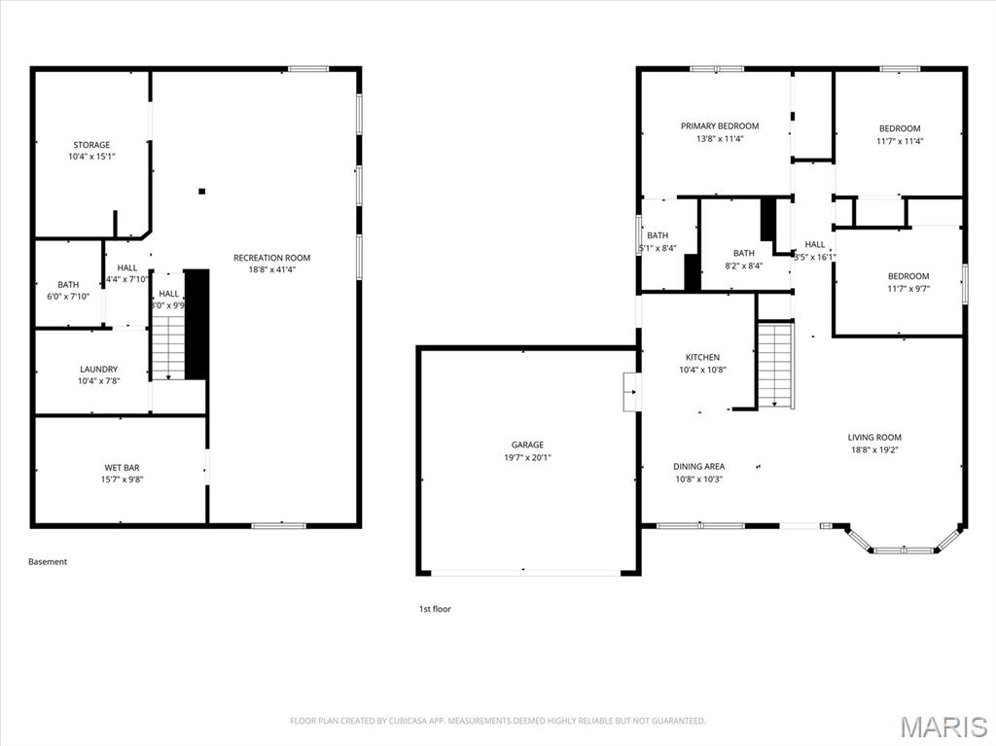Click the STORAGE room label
pyautogui.click(x=91, y=145)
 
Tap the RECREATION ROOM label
pyautogui.click(x=271, y=258)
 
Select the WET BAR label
pyautogui.click(x=122, y=468)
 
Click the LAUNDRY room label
pyautogui.click(x=98, y=370)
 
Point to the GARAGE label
pyautogui.click(x=527, y=445)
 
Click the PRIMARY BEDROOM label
pyautogui.click(x=720, y=126)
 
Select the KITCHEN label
pyautogui.click(x=702, y=358)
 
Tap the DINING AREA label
pyautogui.click(x=698, y=467)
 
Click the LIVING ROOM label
pyautogui.click(x=874, y=438)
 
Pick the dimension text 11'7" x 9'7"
pyautogui.click(x=907, y=289)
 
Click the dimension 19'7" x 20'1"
pyautogui.click(x=527, y=458)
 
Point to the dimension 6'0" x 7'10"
pyautogui.click(x=68, y=297)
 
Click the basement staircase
pyautogui.click(x=167, y=345)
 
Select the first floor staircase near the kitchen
pyautogui.click(x=775, y=365)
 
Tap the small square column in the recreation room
pyautogui.click(x=201, y=192)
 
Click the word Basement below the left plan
pyautogui.click(x=48, y=561)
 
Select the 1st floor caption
pyautogui.click(x=435, y=609)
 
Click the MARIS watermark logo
pyautogui.click(x=943, y=726)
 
